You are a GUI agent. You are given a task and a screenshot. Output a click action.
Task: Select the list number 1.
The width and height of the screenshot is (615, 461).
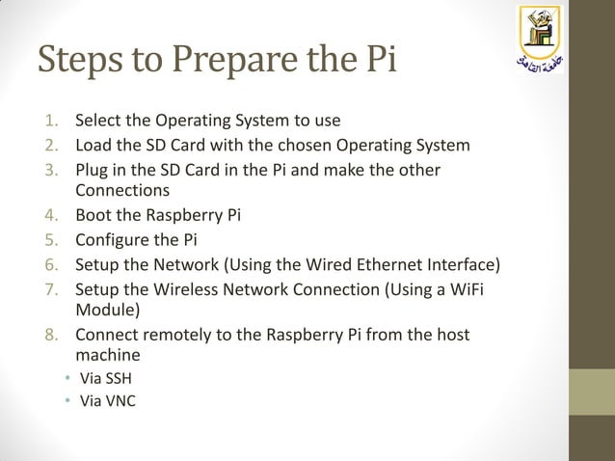(53, 122)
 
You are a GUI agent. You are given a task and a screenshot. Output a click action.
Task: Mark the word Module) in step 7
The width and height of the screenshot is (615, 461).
(107, 311)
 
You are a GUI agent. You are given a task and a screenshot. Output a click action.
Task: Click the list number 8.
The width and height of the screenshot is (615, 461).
(53, 336)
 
